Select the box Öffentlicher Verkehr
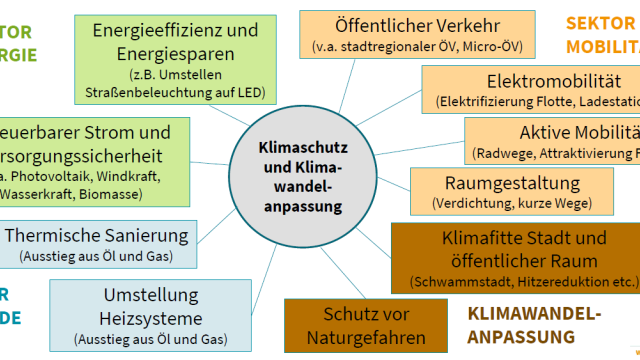(417, 34)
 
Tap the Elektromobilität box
(530, 89)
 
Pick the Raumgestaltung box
(511, 191)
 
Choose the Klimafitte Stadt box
(515, 258)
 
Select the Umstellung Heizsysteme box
(150, 315)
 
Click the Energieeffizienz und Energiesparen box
(175, 59)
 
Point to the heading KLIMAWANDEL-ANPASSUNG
(534, 325)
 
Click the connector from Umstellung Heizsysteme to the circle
(263, 280)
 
